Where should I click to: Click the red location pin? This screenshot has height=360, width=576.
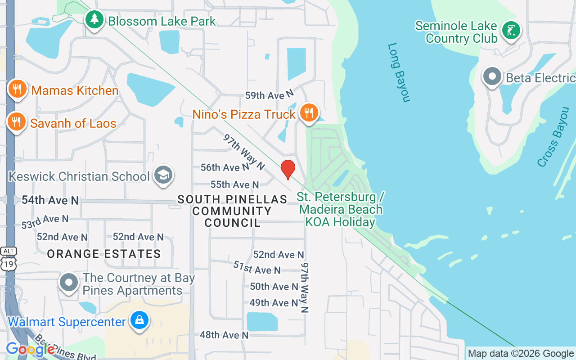(288, 169)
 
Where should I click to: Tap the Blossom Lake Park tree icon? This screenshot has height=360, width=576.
(94, 19)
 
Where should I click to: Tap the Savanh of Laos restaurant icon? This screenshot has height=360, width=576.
(16, 121)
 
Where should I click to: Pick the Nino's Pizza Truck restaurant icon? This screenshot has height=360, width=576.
(309, 113)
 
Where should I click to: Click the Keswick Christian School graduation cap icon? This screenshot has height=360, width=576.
(163, 175)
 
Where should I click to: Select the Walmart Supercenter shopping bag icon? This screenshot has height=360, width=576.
(139, 320)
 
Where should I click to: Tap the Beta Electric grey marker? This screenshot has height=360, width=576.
(492, 76)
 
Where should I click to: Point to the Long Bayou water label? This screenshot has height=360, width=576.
(399, 72)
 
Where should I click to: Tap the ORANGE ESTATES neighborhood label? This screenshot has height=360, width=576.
(104, 254)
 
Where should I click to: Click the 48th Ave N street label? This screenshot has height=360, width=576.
(224, 335)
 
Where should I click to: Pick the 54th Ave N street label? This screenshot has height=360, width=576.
(50, 200)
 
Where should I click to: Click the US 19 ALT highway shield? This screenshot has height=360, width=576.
(9, 259)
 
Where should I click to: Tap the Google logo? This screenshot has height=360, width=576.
(30, 349)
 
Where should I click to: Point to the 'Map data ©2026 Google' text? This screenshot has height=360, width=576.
(521, 354)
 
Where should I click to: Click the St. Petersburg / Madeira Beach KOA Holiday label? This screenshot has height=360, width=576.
(340, 210)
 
